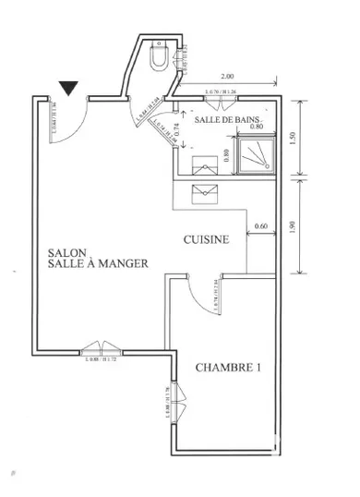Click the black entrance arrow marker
[73, 90]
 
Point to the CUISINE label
[206, 239]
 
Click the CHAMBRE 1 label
[229, 368]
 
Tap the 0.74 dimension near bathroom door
[176, 130]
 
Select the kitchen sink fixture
[203, 193]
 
